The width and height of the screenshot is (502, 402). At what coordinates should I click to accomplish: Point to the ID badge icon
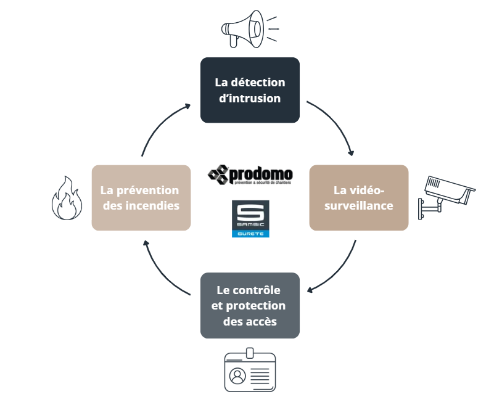point(250,371)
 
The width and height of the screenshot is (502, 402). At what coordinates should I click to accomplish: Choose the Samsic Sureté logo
point(250,219)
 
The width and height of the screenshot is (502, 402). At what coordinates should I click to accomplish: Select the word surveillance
point(359,205)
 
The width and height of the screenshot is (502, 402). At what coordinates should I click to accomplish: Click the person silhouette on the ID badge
point(237,375)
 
